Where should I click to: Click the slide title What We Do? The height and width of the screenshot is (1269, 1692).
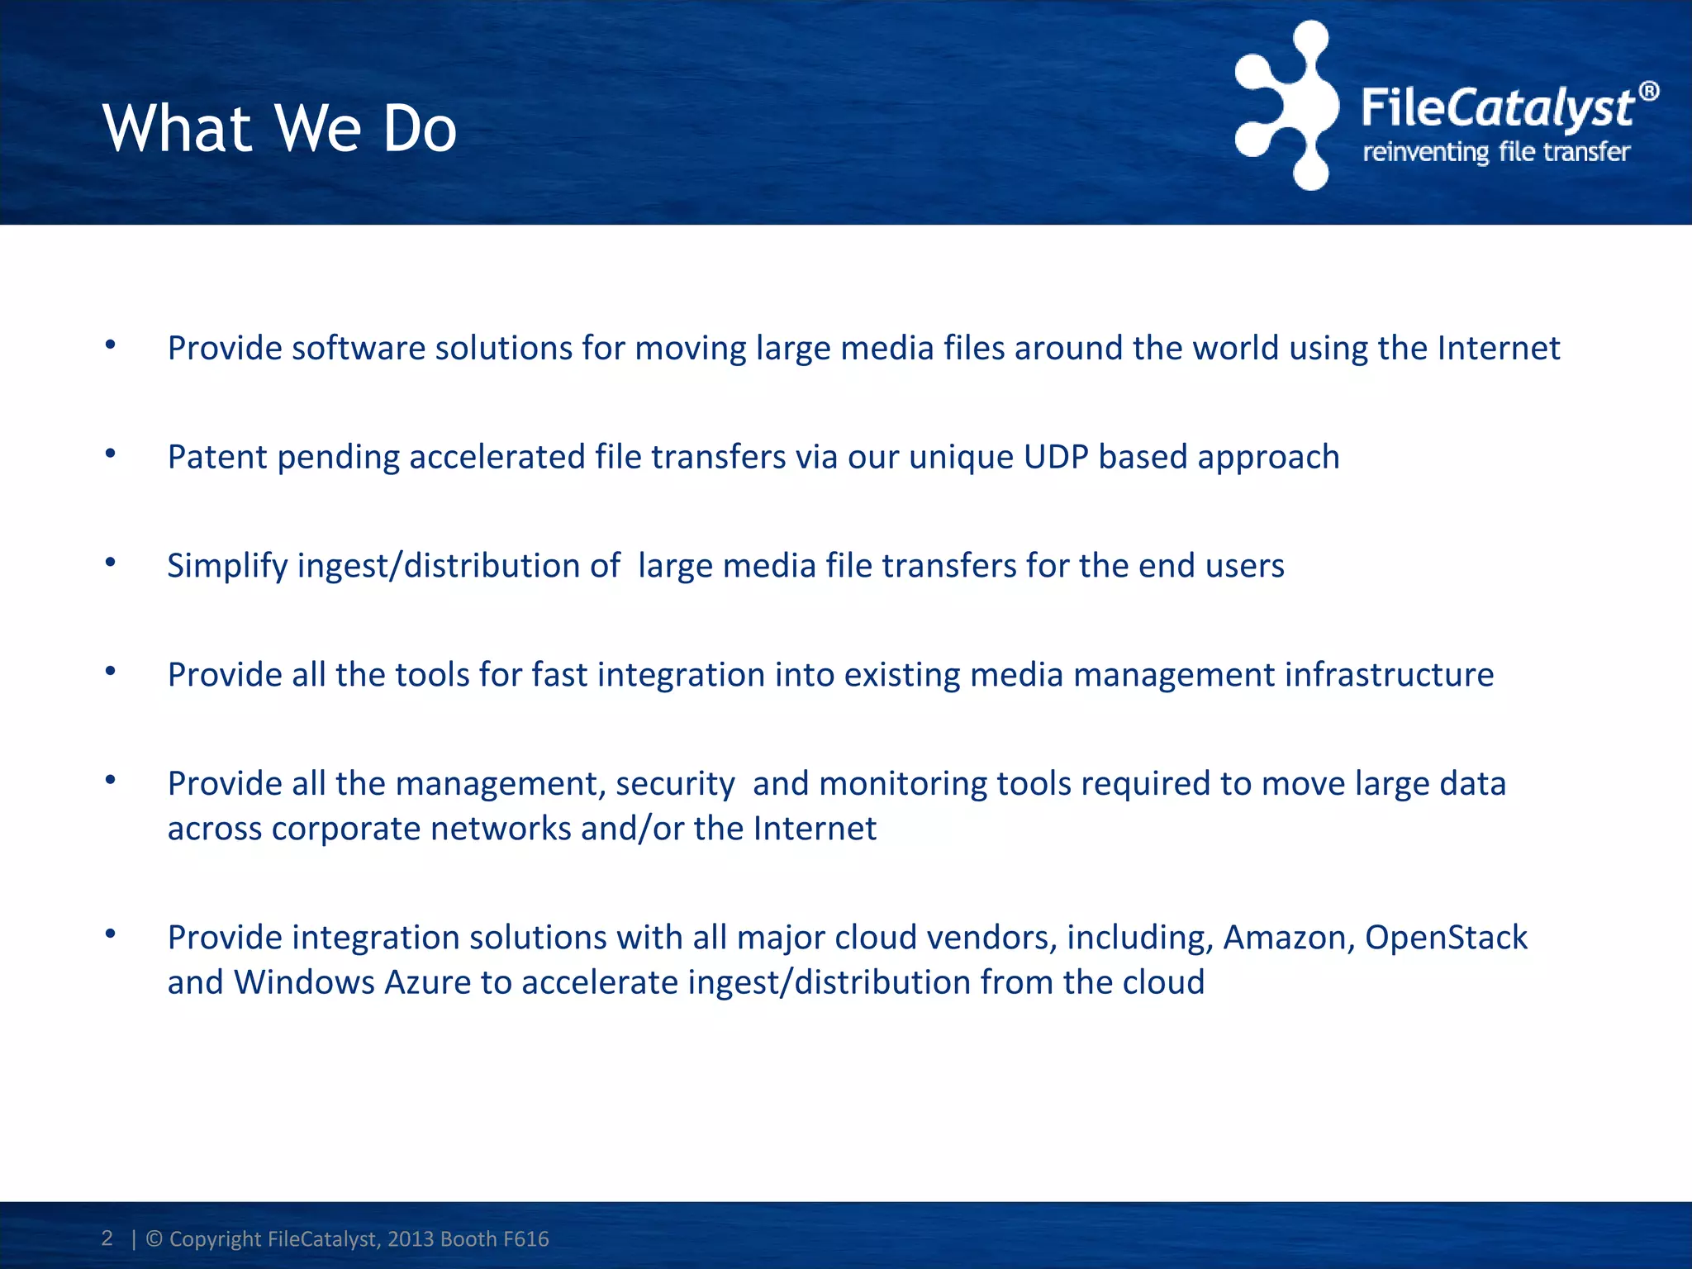(x=279, y=129)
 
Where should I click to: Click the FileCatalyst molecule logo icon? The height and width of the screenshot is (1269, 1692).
(x=1286, y=106)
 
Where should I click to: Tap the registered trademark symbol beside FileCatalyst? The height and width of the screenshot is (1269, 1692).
(x=1648, y=91)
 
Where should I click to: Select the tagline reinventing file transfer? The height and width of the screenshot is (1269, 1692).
(x=1496, y=152)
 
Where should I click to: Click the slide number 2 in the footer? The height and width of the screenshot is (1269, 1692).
(x=107, y=1238)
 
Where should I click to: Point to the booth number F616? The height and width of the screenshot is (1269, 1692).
(x=525, y=1239)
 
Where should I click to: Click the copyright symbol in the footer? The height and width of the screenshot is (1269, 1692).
(x=154, y=1239)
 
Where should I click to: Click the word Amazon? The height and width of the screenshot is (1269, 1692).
(x=1289, y=938)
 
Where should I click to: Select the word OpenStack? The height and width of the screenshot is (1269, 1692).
(x=1446, y=938)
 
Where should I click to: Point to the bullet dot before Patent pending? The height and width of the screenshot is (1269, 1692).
(x=111, y=453)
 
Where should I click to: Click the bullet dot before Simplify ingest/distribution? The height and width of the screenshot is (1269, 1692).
(x=111, y=562)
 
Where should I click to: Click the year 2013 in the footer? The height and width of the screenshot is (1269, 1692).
(x=411, y=1239)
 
